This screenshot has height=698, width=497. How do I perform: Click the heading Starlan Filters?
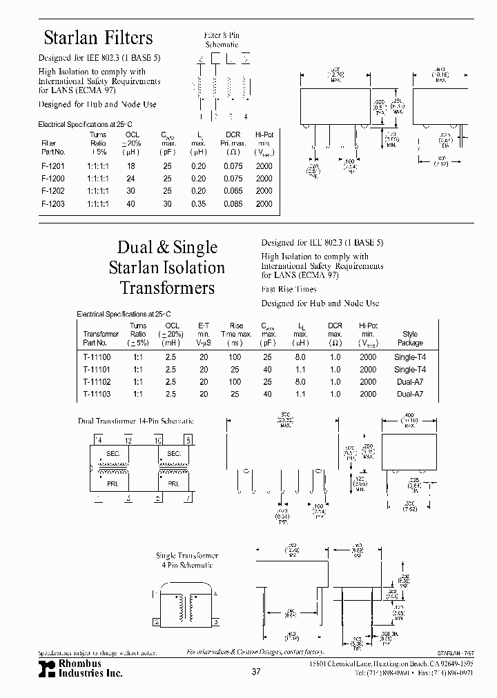[x=98, y=38]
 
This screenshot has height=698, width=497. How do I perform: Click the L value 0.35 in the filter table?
[x=198, y=203]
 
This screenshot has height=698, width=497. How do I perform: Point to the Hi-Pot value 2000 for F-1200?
[x=264, y=179]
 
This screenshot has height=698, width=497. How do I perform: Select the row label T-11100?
[x=96, y=357]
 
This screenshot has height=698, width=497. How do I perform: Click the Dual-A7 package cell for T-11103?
[x=410, y=395]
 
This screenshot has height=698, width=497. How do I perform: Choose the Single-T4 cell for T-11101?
[x=410, y=370]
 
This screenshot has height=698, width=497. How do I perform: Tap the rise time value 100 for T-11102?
[x=235, y=382]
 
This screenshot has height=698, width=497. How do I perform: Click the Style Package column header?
[x=410, y=338]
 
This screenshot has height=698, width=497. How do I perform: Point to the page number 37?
[x=256, y=672]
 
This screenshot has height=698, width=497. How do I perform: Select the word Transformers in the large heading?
[x=167, y=288]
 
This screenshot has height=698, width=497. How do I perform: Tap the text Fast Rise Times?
[x=289, y=290]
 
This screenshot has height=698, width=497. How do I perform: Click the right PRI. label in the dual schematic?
[x=173, y=484]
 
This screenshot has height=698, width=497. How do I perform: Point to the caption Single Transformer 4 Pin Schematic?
[x=187, y=560]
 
